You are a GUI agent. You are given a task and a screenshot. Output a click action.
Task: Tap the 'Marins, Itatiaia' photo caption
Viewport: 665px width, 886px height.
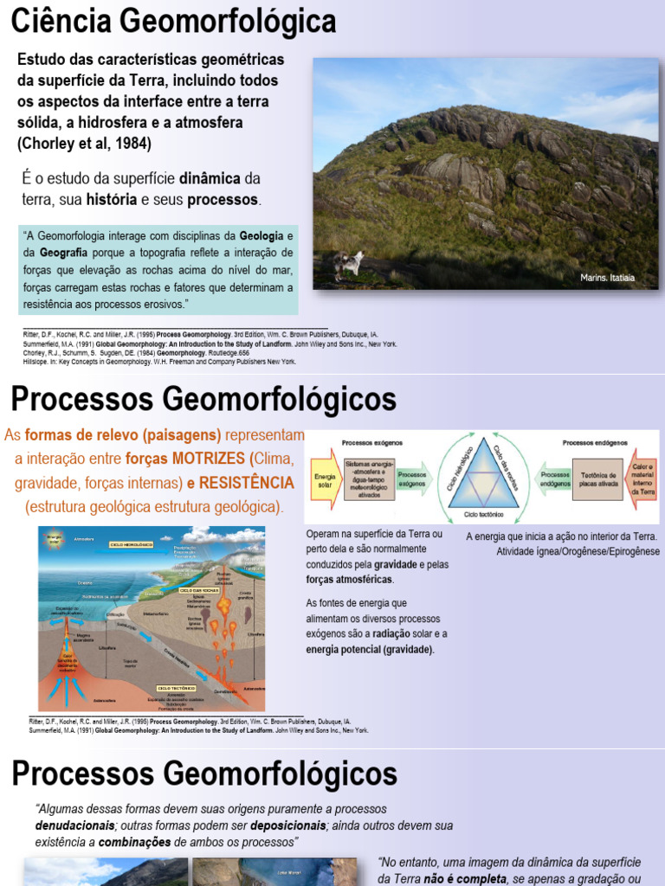pyautogui.click(x=607, y=278)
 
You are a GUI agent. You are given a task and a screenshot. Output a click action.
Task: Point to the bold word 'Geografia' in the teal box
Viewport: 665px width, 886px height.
pyautogui.click(x=63, y=252)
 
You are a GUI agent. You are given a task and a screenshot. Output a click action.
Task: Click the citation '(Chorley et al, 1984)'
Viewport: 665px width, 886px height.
pyautogui.click(x=84, y=144)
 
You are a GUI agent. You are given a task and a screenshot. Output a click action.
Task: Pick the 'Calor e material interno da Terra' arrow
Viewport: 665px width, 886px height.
pyautogui.click(x=642, y=478)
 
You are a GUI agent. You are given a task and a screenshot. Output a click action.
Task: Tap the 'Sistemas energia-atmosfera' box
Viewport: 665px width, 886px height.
pyautogui.click(x=369, y=479)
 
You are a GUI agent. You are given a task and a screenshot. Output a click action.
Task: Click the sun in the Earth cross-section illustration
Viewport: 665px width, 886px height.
pyautogui.click(x=55, y=537)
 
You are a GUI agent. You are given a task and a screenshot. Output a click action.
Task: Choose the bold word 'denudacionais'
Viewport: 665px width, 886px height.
pyautogui.click(x=74, y=825)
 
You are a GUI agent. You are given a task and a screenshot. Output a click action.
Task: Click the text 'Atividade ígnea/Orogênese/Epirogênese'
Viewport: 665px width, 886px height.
pyautogui.click(x=578, y=551)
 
